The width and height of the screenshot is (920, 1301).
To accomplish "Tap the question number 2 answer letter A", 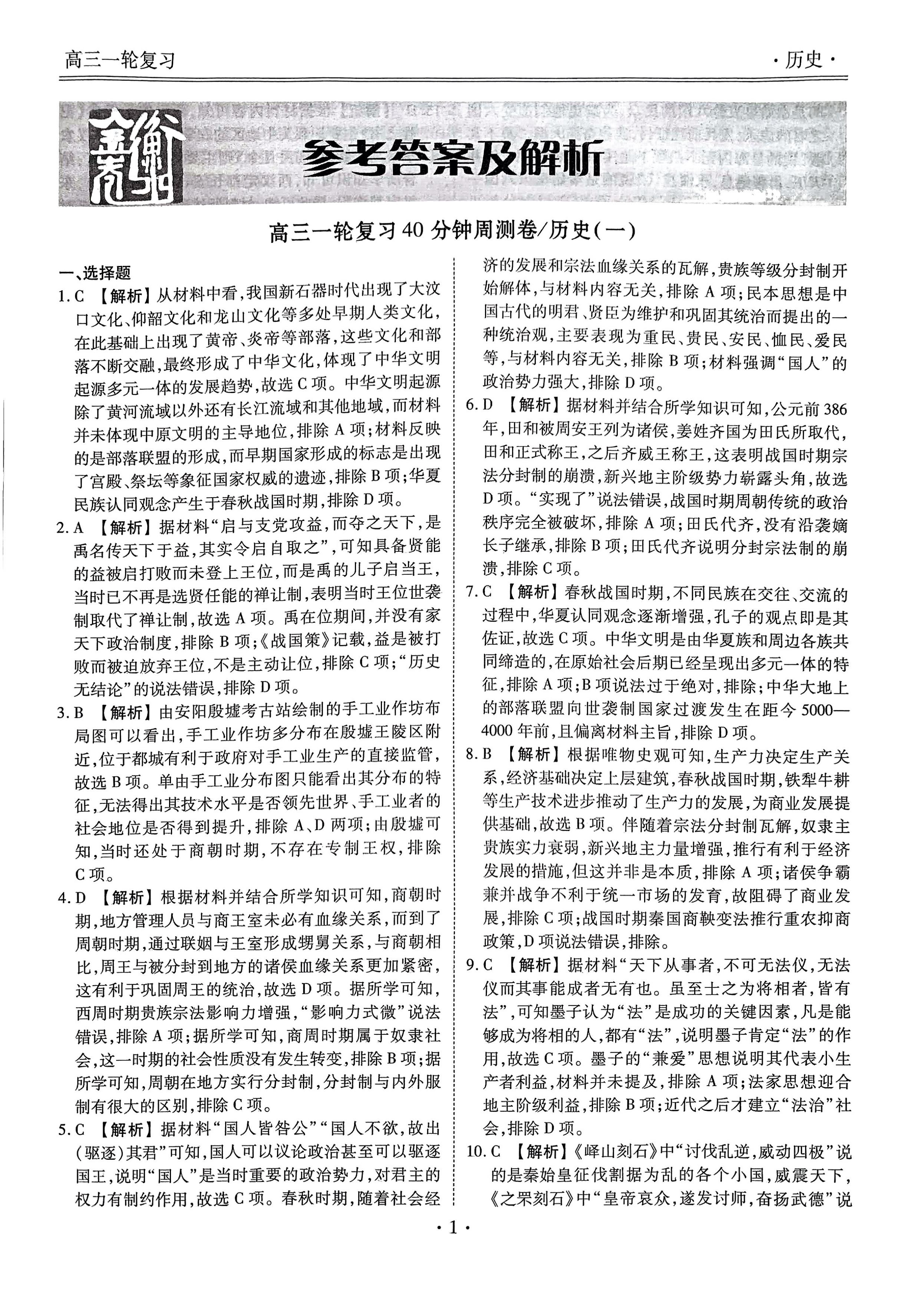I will tap(79, 528).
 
